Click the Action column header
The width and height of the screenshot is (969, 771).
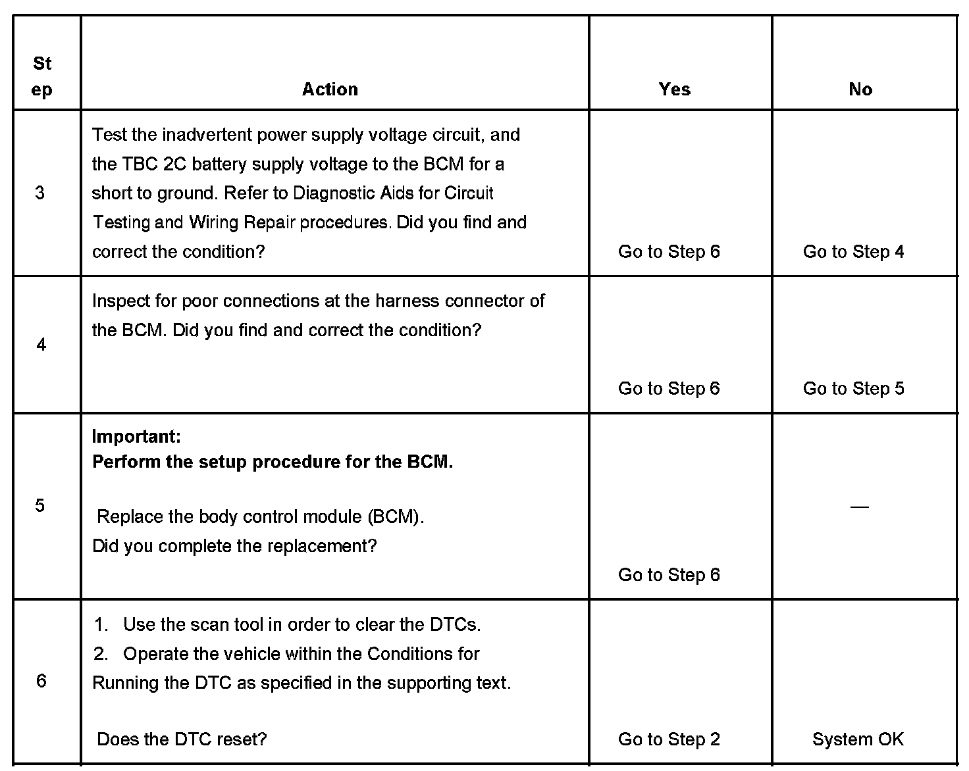click(330, 89)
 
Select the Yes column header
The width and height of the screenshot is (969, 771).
click(675, 89)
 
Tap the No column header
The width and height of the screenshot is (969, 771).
click(860, 89)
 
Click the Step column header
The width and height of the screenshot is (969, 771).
click(41, 76)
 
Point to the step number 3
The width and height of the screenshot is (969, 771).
click(40, 193)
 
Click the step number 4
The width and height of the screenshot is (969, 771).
click(41, 345)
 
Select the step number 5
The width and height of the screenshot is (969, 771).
click(40, 505)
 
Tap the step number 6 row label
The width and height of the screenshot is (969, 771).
click(41, 681)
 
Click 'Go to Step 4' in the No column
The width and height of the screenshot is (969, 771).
click(853, 251)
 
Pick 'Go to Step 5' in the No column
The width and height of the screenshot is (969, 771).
click(853, 388)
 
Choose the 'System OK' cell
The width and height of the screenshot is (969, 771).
click(858, 739)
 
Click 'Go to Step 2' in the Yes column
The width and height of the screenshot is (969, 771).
click(669, 739)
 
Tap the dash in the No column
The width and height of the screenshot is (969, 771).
click(860, 507)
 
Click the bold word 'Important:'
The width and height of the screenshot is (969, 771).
click(136, 436)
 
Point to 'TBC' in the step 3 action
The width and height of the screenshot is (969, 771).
click(140, 164)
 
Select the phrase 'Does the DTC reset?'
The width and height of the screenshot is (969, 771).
click(182, 739)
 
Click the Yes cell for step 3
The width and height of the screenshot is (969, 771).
click(669, 251)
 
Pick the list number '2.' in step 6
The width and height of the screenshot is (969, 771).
click(101, 654)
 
